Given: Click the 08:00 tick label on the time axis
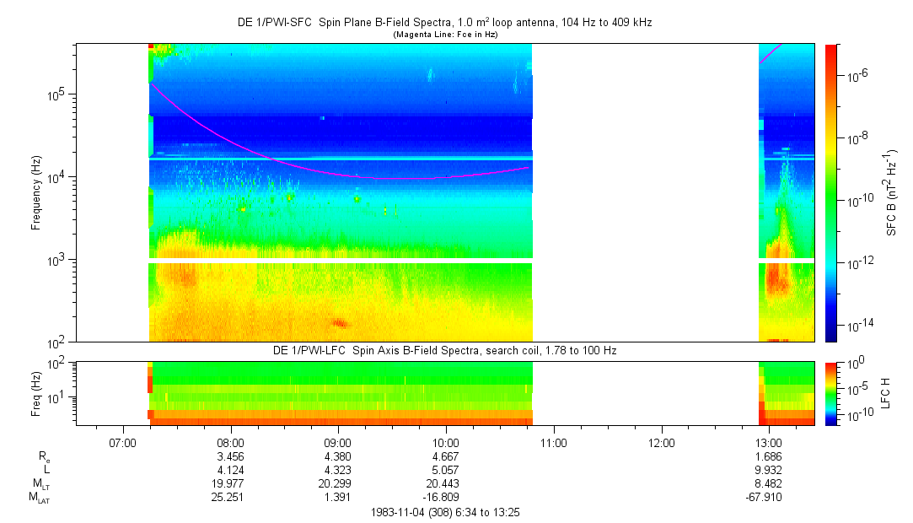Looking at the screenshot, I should click(x=230, y=440).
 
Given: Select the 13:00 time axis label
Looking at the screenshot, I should click(x=769, y=440).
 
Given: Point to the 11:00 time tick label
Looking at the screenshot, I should click(x=553, y=440).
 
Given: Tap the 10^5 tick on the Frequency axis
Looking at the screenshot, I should click(x=56, y=94).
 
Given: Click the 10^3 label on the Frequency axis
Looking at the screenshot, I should click(x=56, y=260).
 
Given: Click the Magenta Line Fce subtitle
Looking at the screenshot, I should click(x=445, y=35).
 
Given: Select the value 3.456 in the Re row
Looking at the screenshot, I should click(x=230, y=456).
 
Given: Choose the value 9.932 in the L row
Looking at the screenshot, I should click(x=769, y=470).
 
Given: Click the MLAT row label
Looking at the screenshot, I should click(x=39, y=499).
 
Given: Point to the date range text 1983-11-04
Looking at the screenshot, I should click(x=445, y=512).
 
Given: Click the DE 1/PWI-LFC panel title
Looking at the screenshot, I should click(x=445, y=350).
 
